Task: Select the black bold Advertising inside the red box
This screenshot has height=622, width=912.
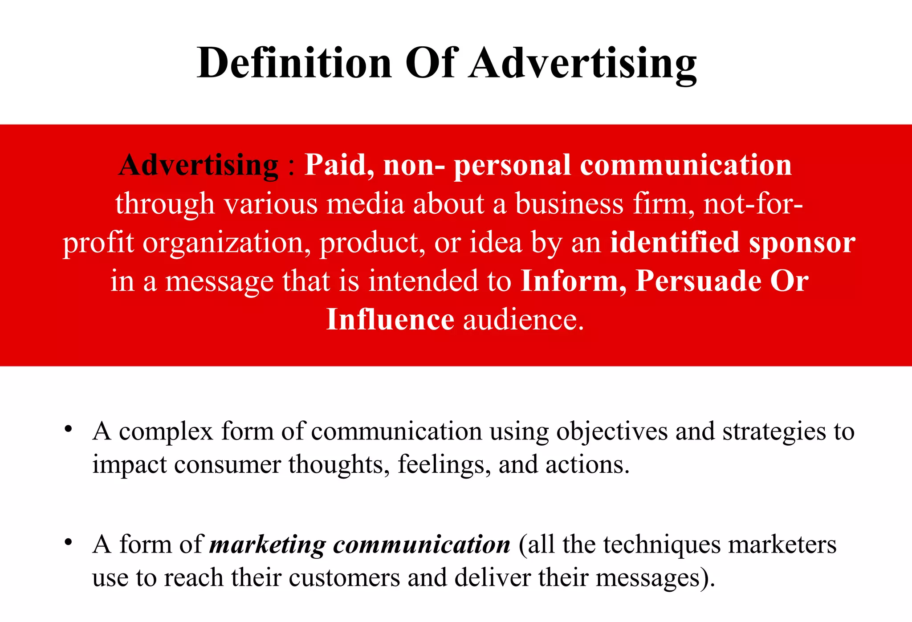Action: (199, 165)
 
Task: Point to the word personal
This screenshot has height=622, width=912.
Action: (512, 165)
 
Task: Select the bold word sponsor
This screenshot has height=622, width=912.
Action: (802, 243)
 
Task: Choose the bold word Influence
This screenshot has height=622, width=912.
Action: (390, 320)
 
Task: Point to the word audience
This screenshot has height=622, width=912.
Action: (523, 320)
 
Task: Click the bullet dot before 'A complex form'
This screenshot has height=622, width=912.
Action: (68, 429)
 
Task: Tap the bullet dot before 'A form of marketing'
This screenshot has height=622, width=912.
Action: (68, 542)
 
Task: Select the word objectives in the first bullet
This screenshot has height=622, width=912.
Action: (612, 431)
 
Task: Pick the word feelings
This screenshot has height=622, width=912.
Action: (444, 464)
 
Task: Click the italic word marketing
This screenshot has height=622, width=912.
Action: (268, 545)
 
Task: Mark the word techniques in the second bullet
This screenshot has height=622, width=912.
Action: (662, 545)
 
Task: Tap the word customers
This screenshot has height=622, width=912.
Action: (344, 577)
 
